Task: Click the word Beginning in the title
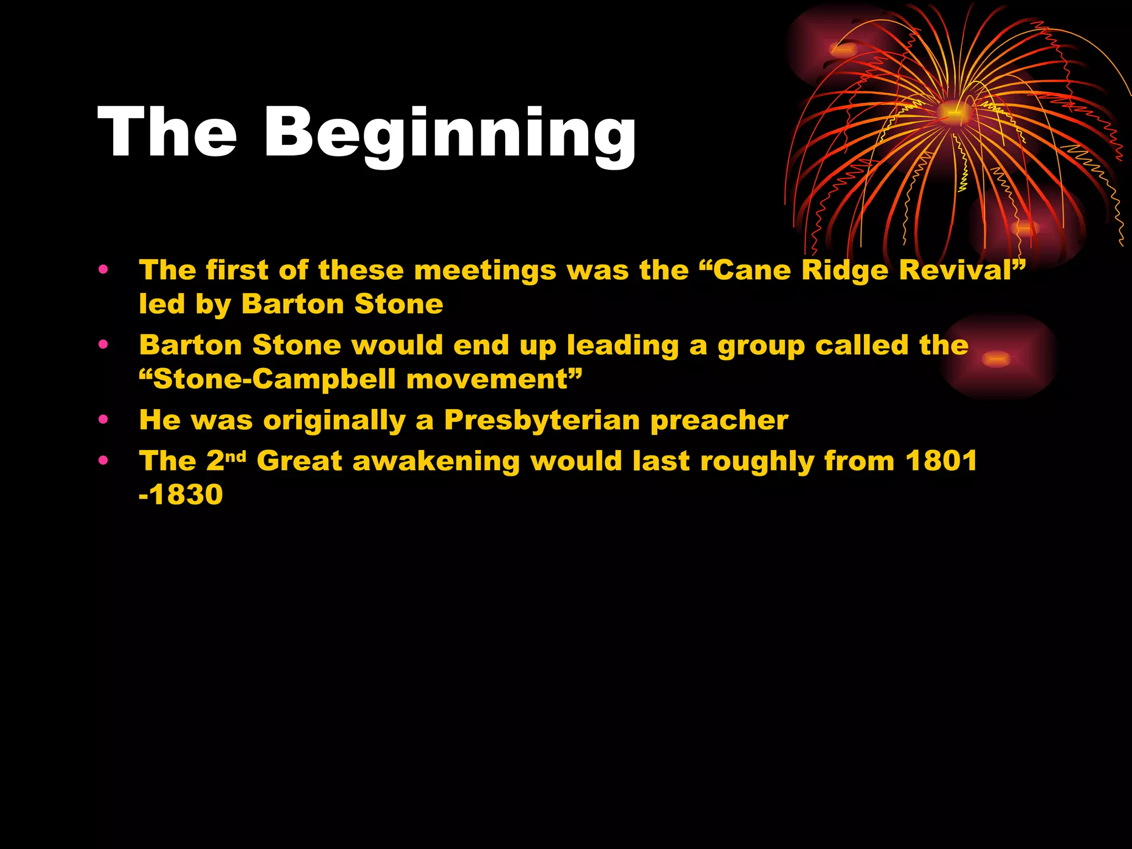(x=450, y=134)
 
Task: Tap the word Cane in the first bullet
(x=746, y=270)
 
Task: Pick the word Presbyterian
(x=542, y=420)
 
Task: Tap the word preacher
(x=719, y=421)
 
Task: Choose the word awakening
(x=436, y=462)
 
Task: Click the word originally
(x=334, y=421)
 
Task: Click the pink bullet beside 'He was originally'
(x=103, y=420)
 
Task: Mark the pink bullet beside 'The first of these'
(x=103, y=270)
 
